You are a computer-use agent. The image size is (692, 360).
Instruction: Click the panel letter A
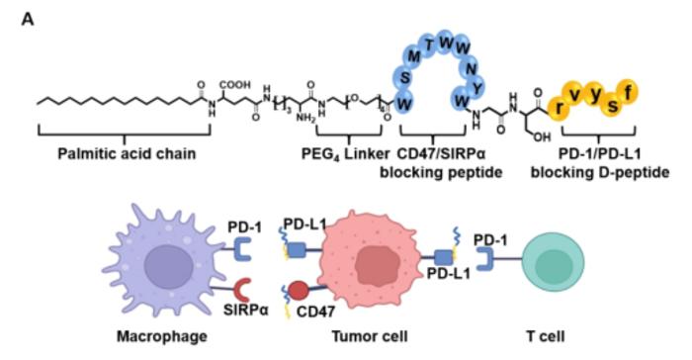pyautogui.click(x=28, y=17)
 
